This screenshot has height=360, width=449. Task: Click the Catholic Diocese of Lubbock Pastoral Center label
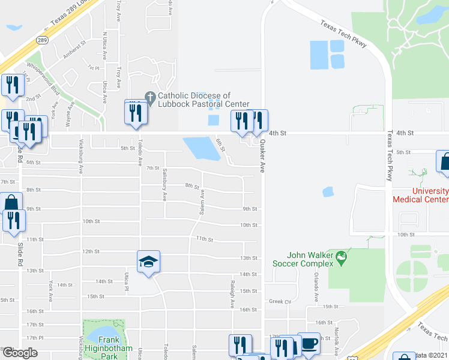[194, 100]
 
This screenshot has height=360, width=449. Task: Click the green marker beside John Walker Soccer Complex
[342, 259]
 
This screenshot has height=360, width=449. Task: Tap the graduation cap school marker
[148, 262]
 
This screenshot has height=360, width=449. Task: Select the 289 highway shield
[41, 40]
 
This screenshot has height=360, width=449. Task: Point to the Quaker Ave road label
[262, 157]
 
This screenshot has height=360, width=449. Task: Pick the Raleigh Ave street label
[232, 293]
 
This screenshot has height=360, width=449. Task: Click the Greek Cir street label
[280, 301]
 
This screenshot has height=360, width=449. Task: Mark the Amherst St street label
[75, 52]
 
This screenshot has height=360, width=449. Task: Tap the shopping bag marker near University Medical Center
[444, 162]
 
